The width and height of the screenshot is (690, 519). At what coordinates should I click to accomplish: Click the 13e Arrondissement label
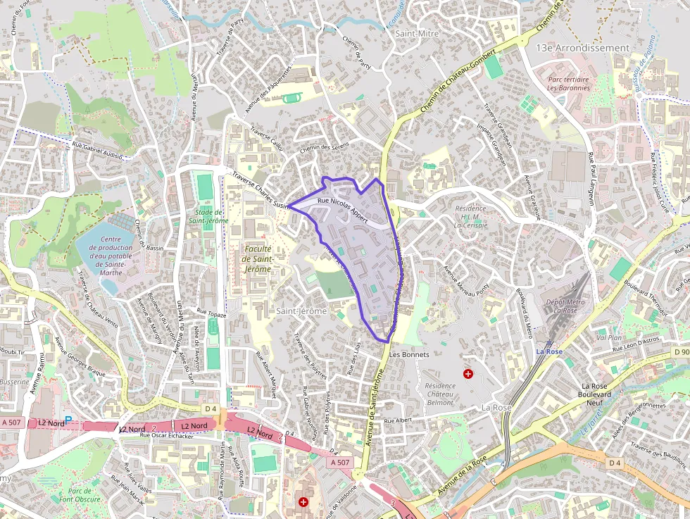click(x=582, y=48)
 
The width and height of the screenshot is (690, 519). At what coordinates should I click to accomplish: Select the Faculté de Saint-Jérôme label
click(x=256, y=258)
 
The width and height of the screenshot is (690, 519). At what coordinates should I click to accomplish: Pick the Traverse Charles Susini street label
click(x=261, y=190)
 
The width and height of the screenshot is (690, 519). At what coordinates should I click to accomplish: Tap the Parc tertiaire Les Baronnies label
click(x=567, y=84)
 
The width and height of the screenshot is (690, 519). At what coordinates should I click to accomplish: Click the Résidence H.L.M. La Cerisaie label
click(x=470, y=217)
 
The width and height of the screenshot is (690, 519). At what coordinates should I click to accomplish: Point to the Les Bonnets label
click(x=409, y=354)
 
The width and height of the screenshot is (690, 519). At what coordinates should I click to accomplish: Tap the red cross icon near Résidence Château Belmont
click(x=468, y=373)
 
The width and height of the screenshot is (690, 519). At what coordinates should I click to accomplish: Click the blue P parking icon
click(x=68, y=420)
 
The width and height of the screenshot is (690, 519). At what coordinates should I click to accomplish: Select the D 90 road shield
click(x=681, y=351)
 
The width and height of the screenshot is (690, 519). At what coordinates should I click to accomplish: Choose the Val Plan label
click(x=609, y=337)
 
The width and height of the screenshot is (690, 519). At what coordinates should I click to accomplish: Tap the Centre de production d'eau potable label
click(x=107, y=256)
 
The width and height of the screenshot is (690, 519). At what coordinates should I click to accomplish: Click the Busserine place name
click(x=14, y=381)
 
